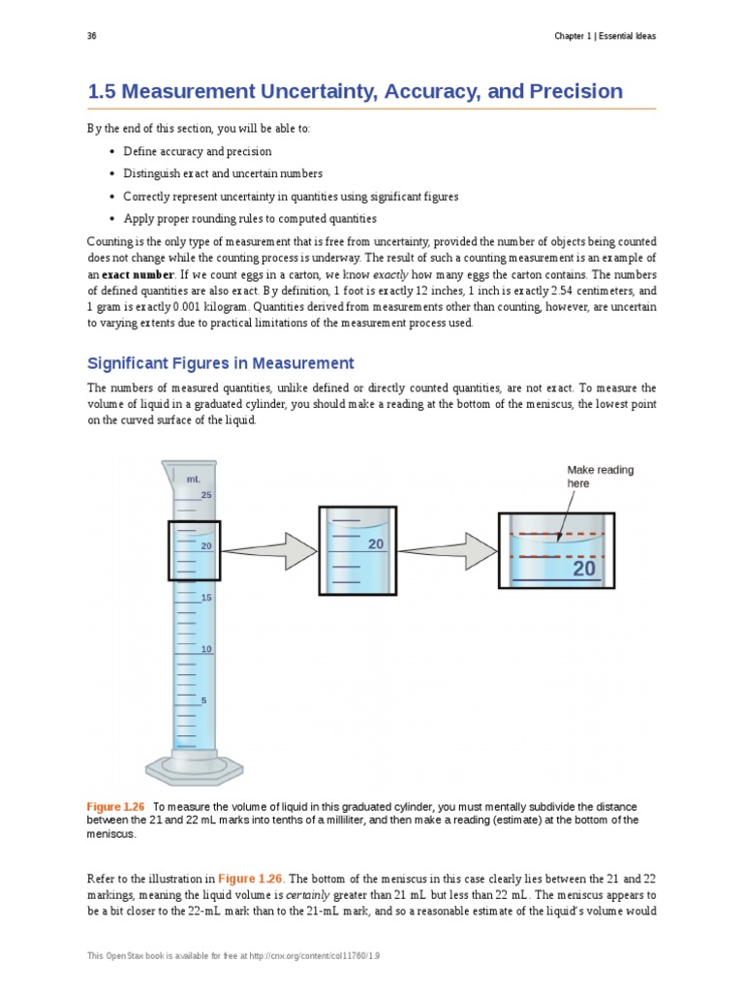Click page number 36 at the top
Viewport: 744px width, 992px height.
pos(91,37)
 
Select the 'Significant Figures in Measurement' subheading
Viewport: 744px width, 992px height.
pos(221,363)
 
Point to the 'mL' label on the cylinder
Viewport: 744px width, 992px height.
pos(193,479)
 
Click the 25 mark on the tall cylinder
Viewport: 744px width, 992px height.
pos(206,495)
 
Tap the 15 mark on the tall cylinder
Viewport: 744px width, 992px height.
pos(206,598)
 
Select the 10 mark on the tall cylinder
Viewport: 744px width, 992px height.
pos(206,648)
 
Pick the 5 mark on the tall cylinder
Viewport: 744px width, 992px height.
pos(203,699)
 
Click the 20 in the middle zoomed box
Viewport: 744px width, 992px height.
pos(376,544)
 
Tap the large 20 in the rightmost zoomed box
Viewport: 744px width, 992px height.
pos(584,569)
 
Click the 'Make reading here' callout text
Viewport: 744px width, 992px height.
pos(601,476)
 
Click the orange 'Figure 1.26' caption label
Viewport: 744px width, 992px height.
pos(115,807)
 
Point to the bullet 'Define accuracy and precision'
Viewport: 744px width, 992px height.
pos(198,151)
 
